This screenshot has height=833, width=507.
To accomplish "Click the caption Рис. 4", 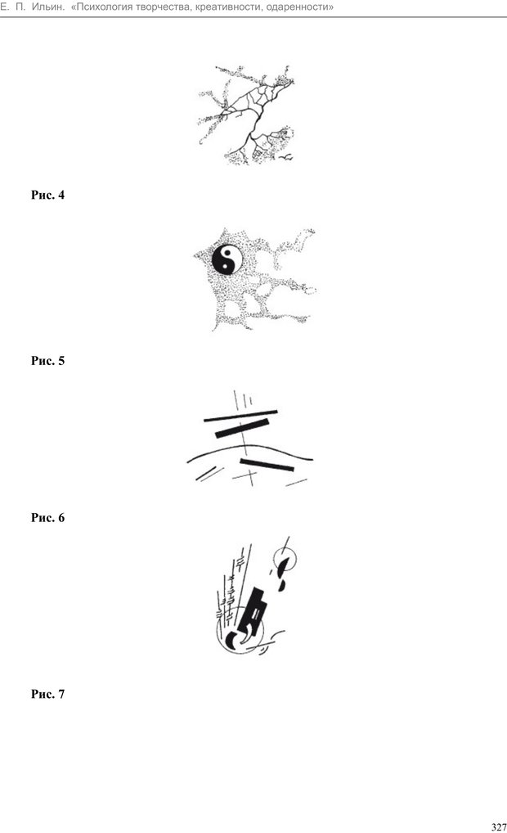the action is (47, 195).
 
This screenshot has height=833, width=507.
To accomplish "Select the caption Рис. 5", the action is (47, 361).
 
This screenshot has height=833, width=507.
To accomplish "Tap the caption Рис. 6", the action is (47, 517).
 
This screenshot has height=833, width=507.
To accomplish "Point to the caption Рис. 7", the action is (47, 694).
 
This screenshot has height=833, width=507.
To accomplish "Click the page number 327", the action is (499, 826).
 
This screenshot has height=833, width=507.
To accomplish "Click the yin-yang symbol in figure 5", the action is (227, 259).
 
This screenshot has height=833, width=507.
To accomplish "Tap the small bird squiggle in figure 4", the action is (286, 157).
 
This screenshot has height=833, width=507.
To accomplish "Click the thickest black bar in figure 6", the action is (242, 428).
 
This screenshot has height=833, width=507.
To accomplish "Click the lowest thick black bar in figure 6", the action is (267, 464).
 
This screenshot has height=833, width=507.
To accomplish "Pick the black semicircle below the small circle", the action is (281, 585).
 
